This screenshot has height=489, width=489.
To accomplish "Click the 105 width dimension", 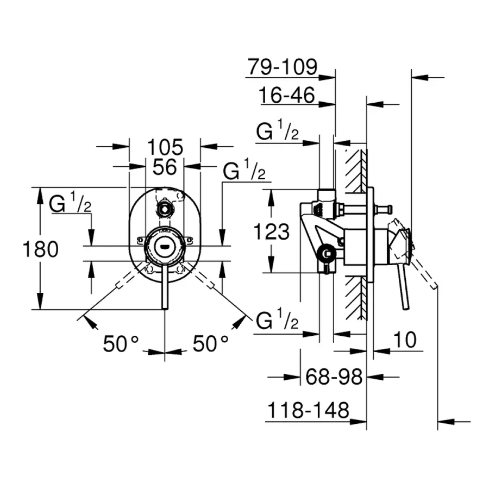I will click(165, 147).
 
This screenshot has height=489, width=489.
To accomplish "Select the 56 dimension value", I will click(165, 167).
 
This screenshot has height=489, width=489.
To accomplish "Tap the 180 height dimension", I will click(40, 249).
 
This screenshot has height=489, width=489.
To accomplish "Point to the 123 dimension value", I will click(272, 232).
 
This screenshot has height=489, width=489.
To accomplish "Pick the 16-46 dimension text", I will click(287, 96).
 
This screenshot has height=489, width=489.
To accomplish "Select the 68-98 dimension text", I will click(333, 376).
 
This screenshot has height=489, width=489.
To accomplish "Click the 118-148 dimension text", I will click(307, 410).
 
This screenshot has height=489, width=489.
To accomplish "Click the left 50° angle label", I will click(121, 343).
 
